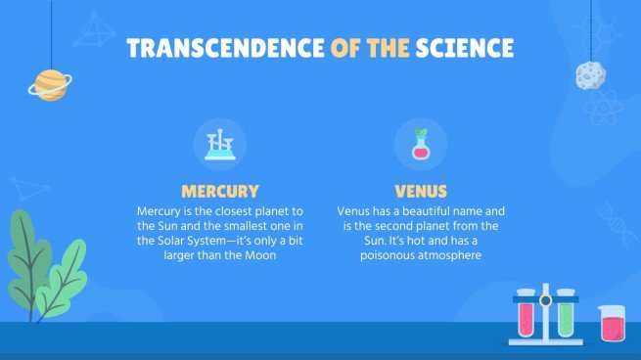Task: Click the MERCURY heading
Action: click(220, 191)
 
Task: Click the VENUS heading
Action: click(421, 191)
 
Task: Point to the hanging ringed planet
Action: click(48, 84)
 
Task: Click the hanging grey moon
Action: click(590, 74)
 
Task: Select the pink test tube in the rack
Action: click(526, 314)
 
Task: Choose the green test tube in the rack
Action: click(565, 314)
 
